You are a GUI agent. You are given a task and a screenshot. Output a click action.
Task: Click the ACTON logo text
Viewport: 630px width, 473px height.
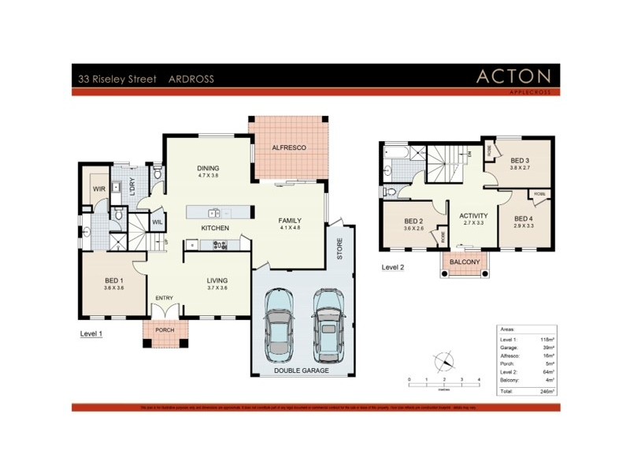coord(514,76)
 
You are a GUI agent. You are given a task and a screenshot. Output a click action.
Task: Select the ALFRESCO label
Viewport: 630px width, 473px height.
coord(288,147)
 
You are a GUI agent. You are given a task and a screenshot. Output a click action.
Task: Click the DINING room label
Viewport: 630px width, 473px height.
coord(207,168)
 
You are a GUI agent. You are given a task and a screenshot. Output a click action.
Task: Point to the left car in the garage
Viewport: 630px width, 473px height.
coord(280,324)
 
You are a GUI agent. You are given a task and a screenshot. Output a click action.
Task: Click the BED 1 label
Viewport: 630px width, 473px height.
coord(113,280)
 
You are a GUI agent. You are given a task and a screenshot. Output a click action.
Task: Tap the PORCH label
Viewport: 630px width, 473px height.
coord(165,330)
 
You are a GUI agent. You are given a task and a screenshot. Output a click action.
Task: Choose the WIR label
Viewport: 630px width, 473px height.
coord(99,189)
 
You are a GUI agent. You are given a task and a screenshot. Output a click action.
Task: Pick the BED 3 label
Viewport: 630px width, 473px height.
coord(519,161)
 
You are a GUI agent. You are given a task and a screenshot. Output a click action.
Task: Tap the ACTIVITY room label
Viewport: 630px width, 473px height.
coord(473,216)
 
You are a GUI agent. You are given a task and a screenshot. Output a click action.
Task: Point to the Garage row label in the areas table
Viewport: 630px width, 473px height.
coord(510,348)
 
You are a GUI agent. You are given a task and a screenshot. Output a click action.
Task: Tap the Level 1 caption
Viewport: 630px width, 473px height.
coord(91,333)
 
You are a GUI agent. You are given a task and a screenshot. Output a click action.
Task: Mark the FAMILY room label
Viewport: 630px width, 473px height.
coord(290,220)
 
